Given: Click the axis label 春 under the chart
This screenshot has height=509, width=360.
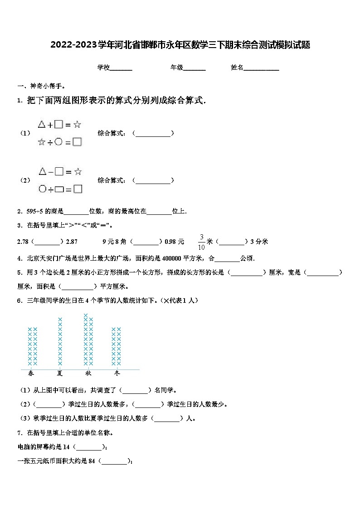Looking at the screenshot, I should (x=31, y=373).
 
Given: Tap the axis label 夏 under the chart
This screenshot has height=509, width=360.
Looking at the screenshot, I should (x=60, y=373).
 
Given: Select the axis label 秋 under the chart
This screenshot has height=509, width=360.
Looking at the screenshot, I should (x=88, y=373).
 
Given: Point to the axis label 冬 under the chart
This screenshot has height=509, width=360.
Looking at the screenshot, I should (x=117, y=373).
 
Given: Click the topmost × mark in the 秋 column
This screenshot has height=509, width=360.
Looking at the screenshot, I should (x=86, y=315).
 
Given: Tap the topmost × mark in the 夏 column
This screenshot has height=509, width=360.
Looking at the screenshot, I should (x=60, y=320).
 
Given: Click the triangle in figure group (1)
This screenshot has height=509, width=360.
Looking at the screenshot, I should (x=42, y=124).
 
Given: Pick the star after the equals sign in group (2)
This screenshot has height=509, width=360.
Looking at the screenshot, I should (x=78, y=172).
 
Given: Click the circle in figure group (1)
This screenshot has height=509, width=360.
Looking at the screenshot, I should (x=58, y=142).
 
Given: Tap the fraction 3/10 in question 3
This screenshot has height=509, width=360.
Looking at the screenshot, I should (x=201, y=242).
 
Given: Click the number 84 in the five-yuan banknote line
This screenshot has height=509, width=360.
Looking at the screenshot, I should (x=92, y=461).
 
